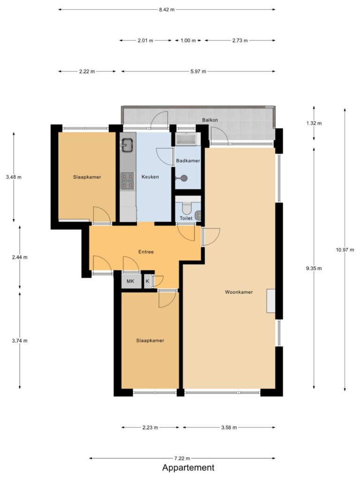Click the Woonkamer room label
pyautogui.click(x=239, y=292)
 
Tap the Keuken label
pyautogui.click(x=150, y=177)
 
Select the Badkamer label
pyautogui.click(x=188, y=161)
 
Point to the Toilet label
pyautogui.click(x=186, y=218)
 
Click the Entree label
pyautogui.click(x=146, y=252)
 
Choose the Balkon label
pyautogui.click(x=210, y=120)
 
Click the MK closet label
pyautogui.click(x=130, y=281)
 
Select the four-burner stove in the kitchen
pyautogui.click(x=127, y=180)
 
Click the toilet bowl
pyautogui.click(x=186, y=208)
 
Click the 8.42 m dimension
pyautogui.click(x=167, y=9)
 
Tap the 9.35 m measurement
pyautogui.click(x=314, y=269)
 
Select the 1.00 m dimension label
pyautogui.click(x=188, y=40)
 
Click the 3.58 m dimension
pyautogui.click(x=229, y=427)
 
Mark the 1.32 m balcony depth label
pyautogui.click(x=314, y=123)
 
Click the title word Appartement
pyautogui.click(x=188, y=468)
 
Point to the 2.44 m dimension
pyautogui.click(x=20, y=257)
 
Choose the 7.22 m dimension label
pyautogui.click(x=182, y=458)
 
